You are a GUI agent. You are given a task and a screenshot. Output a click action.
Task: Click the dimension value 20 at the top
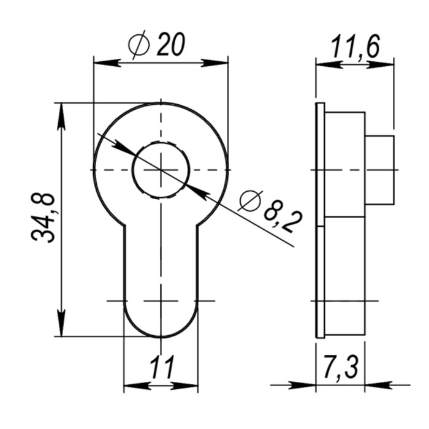point(171,45)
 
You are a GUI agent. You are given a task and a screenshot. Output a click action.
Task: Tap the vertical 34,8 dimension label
point(44,218)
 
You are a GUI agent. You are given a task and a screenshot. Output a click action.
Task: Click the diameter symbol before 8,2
point(250,200)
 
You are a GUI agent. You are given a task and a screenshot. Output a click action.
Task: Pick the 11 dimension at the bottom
point(161,368)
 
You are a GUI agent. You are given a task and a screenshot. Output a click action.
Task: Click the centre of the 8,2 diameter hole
point(161,169)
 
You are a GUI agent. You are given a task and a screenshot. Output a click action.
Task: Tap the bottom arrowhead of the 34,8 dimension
point(61,324)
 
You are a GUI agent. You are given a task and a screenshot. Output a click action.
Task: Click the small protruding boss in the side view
point(379,170)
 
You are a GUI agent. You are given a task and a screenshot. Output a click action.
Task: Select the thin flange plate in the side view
point(320,221)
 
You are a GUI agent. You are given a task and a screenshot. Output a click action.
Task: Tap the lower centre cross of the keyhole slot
point(161,301)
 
